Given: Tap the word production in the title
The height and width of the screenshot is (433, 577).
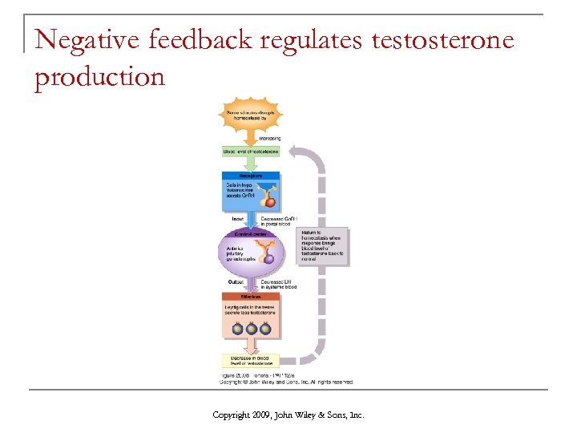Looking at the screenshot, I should [100, 78].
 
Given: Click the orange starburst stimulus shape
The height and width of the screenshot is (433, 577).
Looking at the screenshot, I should [250, 119].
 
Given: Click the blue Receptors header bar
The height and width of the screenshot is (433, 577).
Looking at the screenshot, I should [250, 176].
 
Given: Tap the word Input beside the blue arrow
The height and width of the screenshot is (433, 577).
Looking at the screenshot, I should [236, 217].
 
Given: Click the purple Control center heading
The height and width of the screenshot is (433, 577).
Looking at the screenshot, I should [250, 233].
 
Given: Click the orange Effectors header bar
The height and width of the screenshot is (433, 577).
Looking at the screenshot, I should [250, 295].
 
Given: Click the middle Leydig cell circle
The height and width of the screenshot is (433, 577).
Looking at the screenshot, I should [251, 328].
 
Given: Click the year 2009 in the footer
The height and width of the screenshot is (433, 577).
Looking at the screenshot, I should [261, 415].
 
